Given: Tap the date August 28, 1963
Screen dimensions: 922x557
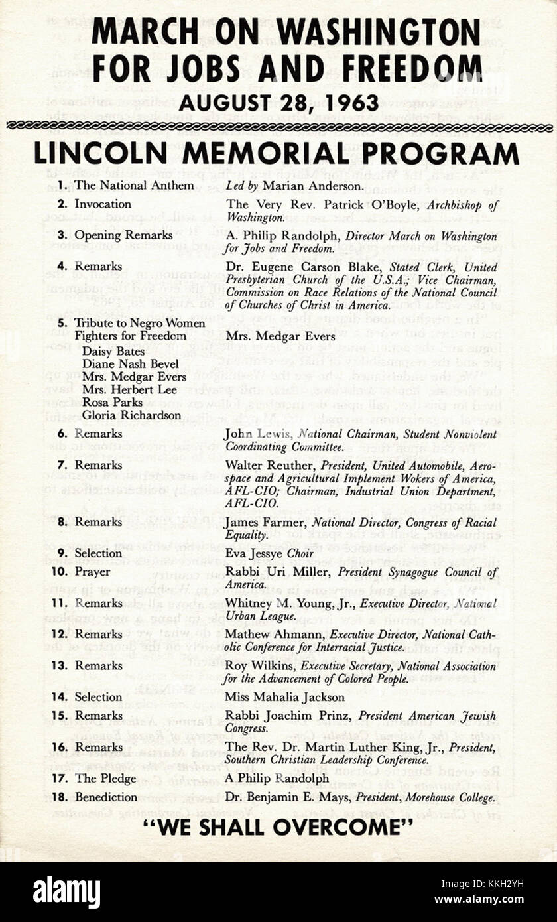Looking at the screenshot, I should point(278,103).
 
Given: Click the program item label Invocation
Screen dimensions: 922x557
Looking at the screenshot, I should point(102,204).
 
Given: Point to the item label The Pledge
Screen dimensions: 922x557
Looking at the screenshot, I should point(105,779).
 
